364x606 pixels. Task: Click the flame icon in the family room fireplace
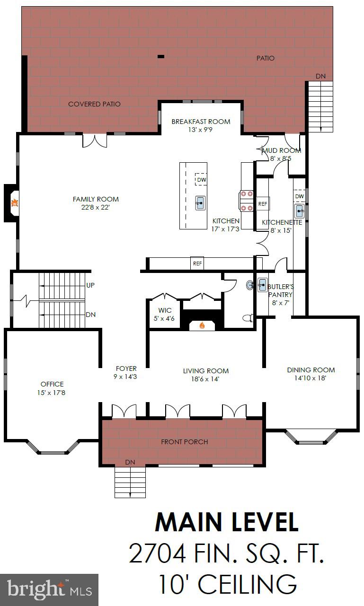15,203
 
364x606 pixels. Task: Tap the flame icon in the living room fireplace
202,325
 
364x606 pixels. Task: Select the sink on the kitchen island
201,203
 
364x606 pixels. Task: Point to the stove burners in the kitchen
246,200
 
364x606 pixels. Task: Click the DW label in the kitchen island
202,180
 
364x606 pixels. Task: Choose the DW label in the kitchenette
299,196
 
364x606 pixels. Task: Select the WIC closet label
165,311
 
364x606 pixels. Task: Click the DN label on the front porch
130,462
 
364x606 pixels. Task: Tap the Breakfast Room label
201,122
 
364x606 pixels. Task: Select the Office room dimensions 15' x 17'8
52,392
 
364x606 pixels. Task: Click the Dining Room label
311,370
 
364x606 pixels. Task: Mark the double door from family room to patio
95,140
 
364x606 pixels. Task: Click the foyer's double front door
124,411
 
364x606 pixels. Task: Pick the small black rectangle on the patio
161,57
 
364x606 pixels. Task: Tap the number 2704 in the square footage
157,553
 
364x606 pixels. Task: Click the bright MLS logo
49,589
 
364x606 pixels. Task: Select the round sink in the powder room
249,285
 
